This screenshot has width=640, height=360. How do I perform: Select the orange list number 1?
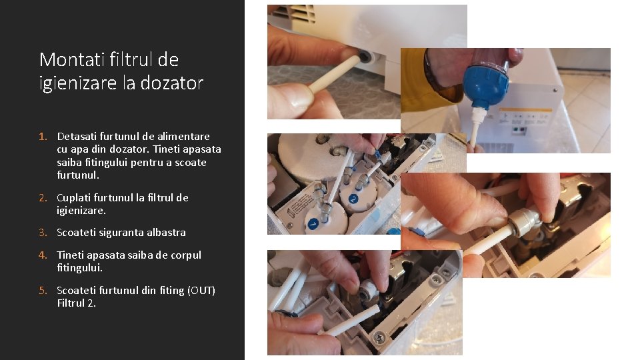click(x=43, y=136)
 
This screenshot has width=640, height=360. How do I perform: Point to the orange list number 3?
click(x=43, y=232)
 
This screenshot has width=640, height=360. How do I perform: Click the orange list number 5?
click(x=43, y=290)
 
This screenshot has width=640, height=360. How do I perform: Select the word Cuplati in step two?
click(x=73, y=198)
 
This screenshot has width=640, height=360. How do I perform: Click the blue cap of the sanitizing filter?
click(x=486, y=87)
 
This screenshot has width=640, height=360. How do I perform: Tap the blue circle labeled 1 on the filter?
click(x=313, y=224)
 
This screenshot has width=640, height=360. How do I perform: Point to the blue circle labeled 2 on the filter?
click(x=353, y=199)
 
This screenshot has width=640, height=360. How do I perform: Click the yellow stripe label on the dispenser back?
click(x=525, y=110)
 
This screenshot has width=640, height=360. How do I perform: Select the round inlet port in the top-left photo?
click(x=365, y=56)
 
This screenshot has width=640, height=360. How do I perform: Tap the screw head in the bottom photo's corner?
click(x=379, y=337)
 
